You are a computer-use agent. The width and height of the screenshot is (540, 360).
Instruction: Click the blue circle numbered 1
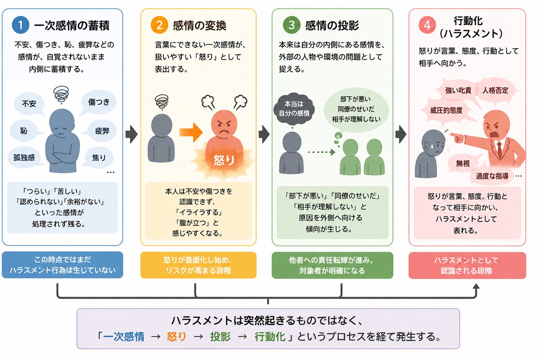point(20,25)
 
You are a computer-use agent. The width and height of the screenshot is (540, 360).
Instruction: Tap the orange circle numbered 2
point(159,25)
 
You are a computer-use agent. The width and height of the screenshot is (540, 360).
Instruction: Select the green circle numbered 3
point(291,25)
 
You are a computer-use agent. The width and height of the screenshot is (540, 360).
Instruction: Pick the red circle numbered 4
point(427,25)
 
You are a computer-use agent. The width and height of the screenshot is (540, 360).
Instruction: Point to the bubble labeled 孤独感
point(24,157)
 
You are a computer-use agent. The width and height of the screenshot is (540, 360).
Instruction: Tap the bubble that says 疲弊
point(101,131)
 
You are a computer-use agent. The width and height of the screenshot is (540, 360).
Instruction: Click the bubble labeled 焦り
point(98,157)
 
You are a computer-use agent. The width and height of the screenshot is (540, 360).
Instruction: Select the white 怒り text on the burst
point(224,160)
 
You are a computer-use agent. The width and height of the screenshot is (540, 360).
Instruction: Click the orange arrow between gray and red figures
point(191,133)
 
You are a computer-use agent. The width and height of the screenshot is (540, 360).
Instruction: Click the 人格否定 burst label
point(495,90)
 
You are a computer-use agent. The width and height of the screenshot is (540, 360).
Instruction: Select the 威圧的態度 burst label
point(446,110)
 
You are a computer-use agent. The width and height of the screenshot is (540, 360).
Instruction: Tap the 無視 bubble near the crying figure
point(463,163)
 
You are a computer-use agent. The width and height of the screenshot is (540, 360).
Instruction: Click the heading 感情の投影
point(332,25)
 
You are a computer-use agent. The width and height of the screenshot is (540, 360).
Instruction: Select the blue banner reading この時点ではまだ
point(63,265)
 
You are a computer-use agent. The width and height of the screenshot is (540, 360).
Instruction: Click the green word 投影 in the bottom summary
point(220,336)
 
